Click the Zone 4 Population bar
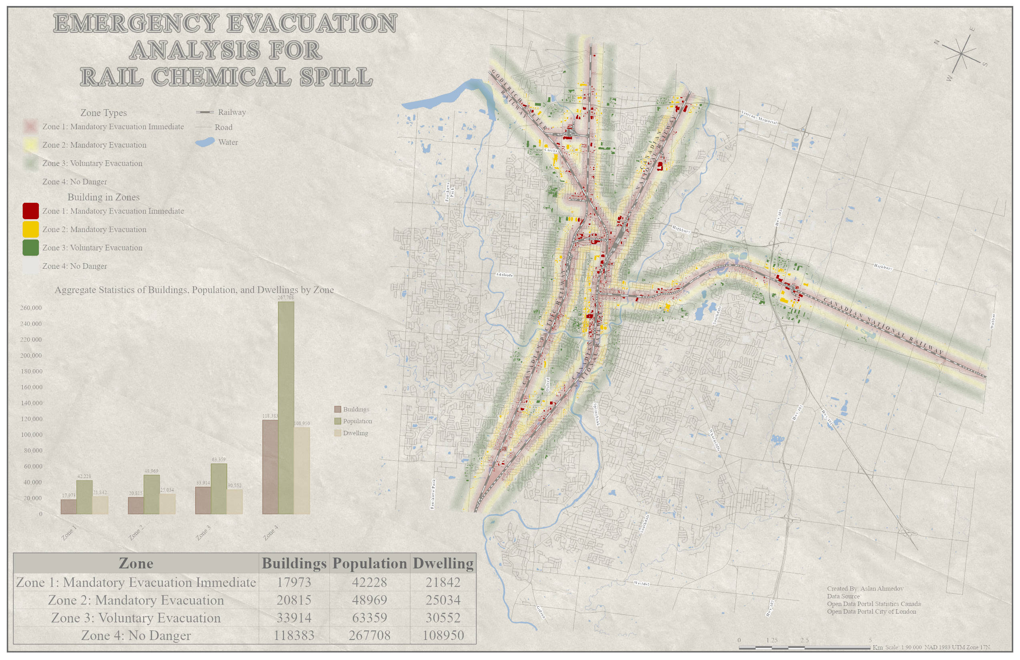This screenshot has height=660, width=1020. [286, 407]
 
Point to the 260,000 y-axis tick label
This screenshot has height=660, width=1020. [31, 308]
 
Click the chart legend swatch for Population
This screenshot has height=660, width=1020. [337, 421]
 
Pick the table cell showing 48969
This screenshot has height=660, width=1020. [370, 600]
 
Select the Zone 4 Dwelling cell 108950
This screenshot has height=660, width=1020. [443, 635]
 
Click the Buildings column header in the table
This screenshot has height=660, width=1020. [294, 563]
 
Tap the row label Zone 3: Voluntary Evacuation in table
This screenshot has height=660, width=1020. [136, 618]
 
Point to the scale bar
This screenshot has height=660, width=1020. [806, 648]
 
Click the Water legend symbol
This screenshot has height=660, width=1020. [205, 142]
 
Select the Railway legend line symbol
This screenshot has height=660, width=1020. [205, 112]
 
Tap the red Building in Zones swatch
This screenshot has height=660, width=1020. [30, 211]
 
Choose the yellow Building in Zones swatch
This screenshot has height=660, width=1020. [30, 229]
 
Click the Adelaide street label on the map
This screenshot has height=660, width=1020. [504, 275]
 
